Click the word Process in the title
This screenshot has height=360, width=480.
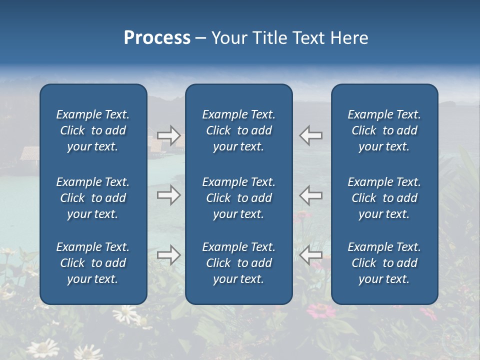[x=157, y=38]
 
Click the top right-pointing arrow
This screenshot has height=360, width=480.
[x=168, y=135]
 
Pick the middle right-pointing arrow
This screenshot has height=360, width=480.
[x=168, y=194]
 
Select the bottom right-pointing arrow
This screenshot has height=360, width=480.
[x=168, y=255]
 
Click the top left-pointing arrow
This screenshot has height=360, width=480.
[x=311, y=135]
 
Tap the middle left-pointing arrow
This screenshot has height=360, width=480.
[x=311, y=194]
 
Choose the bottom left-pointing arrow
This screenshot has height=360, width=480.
[x=311, y=255]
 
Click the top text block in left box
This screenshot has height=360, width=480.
[x=93, y=130]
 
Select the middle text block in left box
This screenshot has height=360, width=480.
[x=93, y=198]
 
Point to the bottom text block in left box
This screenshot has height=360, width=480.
[x=93, y=263]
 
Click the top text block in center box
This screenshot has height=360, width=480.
[x=238, y=130]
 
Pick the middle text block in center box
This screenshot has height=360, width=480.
[x=238, y=198]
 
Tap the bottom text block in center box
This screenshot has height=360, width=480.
[x=238, y=263]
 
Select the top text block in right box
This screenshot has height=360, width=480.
[x=384, y=130]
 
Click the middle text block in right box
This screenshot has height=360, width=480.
[x=384, y=198]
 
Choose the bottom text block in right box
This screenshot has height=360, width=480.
[x=384, y=263]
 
